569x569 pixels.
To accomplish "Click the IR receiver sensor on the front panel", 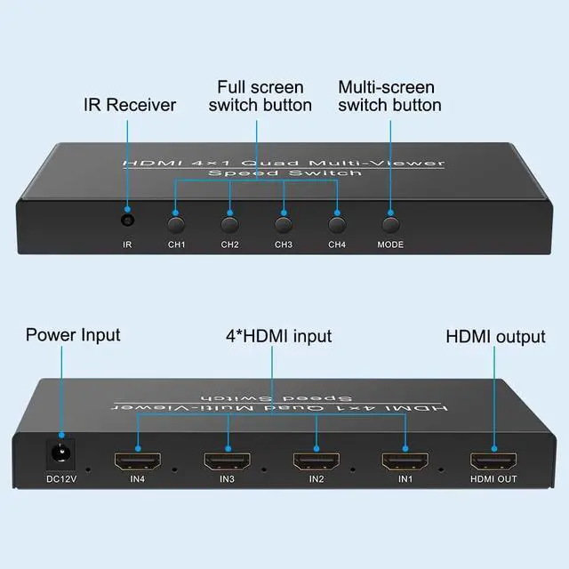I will tap(127, 219).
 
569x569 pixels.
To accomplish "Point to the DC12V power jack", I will tap(60, 453).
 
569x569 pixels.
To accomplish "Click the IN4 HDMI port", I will tap(137, 461).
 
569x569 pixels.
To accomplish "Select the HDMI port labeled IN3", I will tap(227, 461).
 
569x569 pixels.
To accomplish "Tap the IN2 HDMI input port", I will tap(316, 461).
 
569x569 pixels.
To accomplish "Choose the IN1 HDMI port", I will tap(405, 461).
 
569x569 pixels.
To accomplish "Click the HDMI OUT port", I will tap(494, 461).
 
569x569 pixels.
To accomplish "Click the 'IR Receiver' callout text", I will tap(130, 105).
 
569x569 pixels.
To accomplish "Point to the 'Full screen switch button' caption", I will tap(259, 96).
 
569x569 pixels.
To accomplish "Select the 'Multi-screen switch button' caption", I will tap(389, 96).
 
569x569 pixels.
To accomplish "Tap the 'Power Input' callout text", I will tap(73, 335).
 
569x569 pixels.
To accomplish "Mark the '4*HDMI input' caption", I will tap(278, 336).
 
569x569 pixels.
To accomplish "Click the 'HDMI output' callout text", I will tap(495, 336).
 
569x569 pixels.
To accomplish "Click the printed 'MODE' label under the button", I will tap(390, 244).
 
